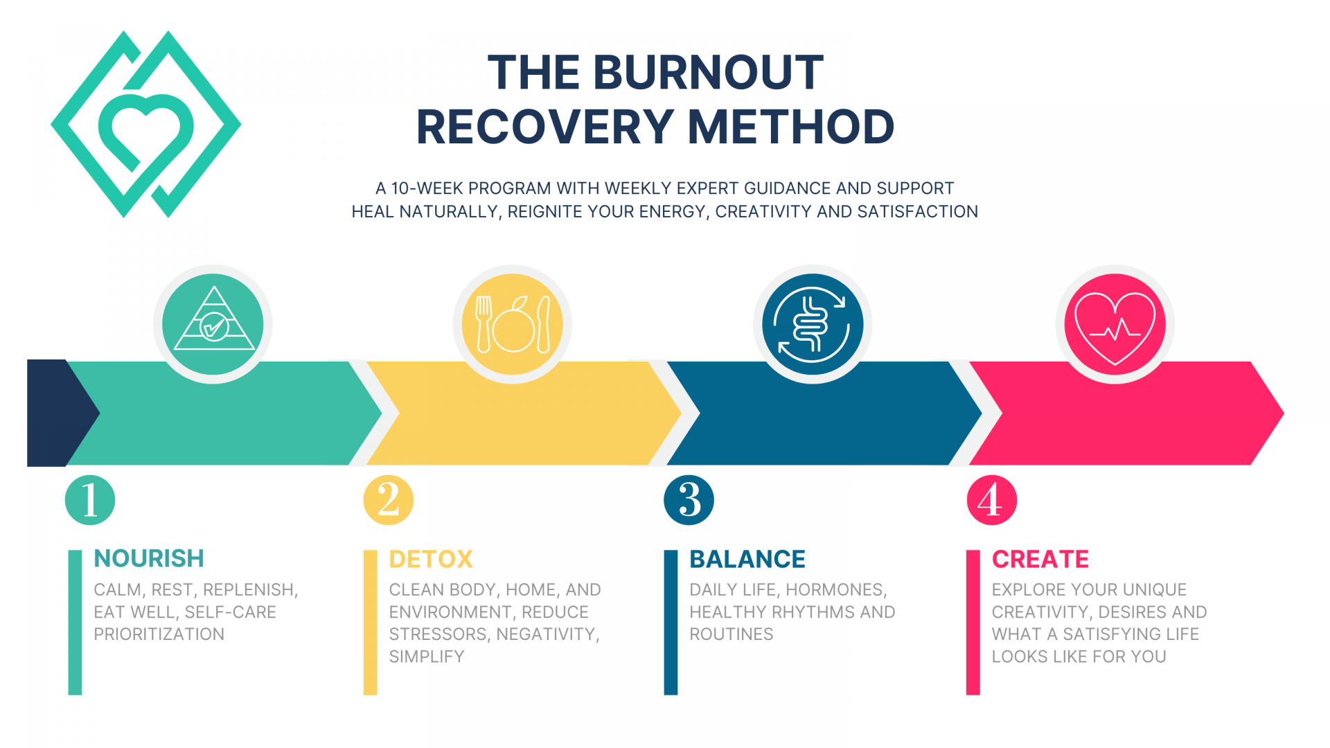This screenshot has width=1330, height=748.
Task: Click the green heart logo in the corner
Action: [x=145, y=125]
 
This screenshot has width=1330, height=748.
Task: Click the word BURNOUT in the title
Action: [x=708, y=73]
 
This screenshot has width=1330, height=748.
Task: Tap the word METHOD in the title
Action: [x=791, y=127]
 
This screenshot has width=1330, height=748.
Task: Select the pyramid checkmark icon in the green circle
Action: [x=213, y=323]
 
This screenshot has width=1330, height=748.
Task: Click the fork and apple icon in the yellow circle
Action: [x=513, y=323]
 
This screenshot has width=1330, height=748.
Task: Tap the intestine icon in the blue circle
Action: [x=812, y=323]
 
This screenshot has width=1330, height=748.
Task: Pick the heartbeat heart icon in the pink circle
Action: [x=1115, y=324]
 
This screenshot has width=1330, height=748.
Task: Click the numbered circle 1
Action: [x=90, y=499]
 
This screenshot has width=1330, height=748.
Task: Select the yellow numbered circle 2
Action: [x=389, y=499]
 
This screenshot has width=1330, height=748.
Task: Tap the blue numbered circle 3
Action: [x=689, y=499]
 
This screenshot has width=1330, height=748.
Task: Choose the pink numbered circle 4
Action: [x=991, y=499]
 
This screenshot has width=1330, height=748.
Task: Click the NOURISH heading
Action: [x=149, y=558]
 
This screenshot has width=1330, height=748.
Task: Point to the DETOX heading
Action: [x=431, y=559]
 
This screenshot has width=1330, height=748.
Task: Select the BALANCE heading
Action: [x=747, y=559]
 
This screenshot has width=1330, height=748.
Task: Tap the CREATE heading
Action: [x=1040, y=559]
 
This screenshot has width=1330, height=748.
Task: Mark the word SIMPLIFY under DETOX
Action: [x=427, y=657]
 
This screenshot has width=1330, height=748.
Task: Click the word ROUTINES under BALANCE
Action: [x=731, y=634]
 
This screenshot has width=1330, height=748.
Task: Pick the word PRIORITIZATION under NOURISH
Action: [x=159, y=634]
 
